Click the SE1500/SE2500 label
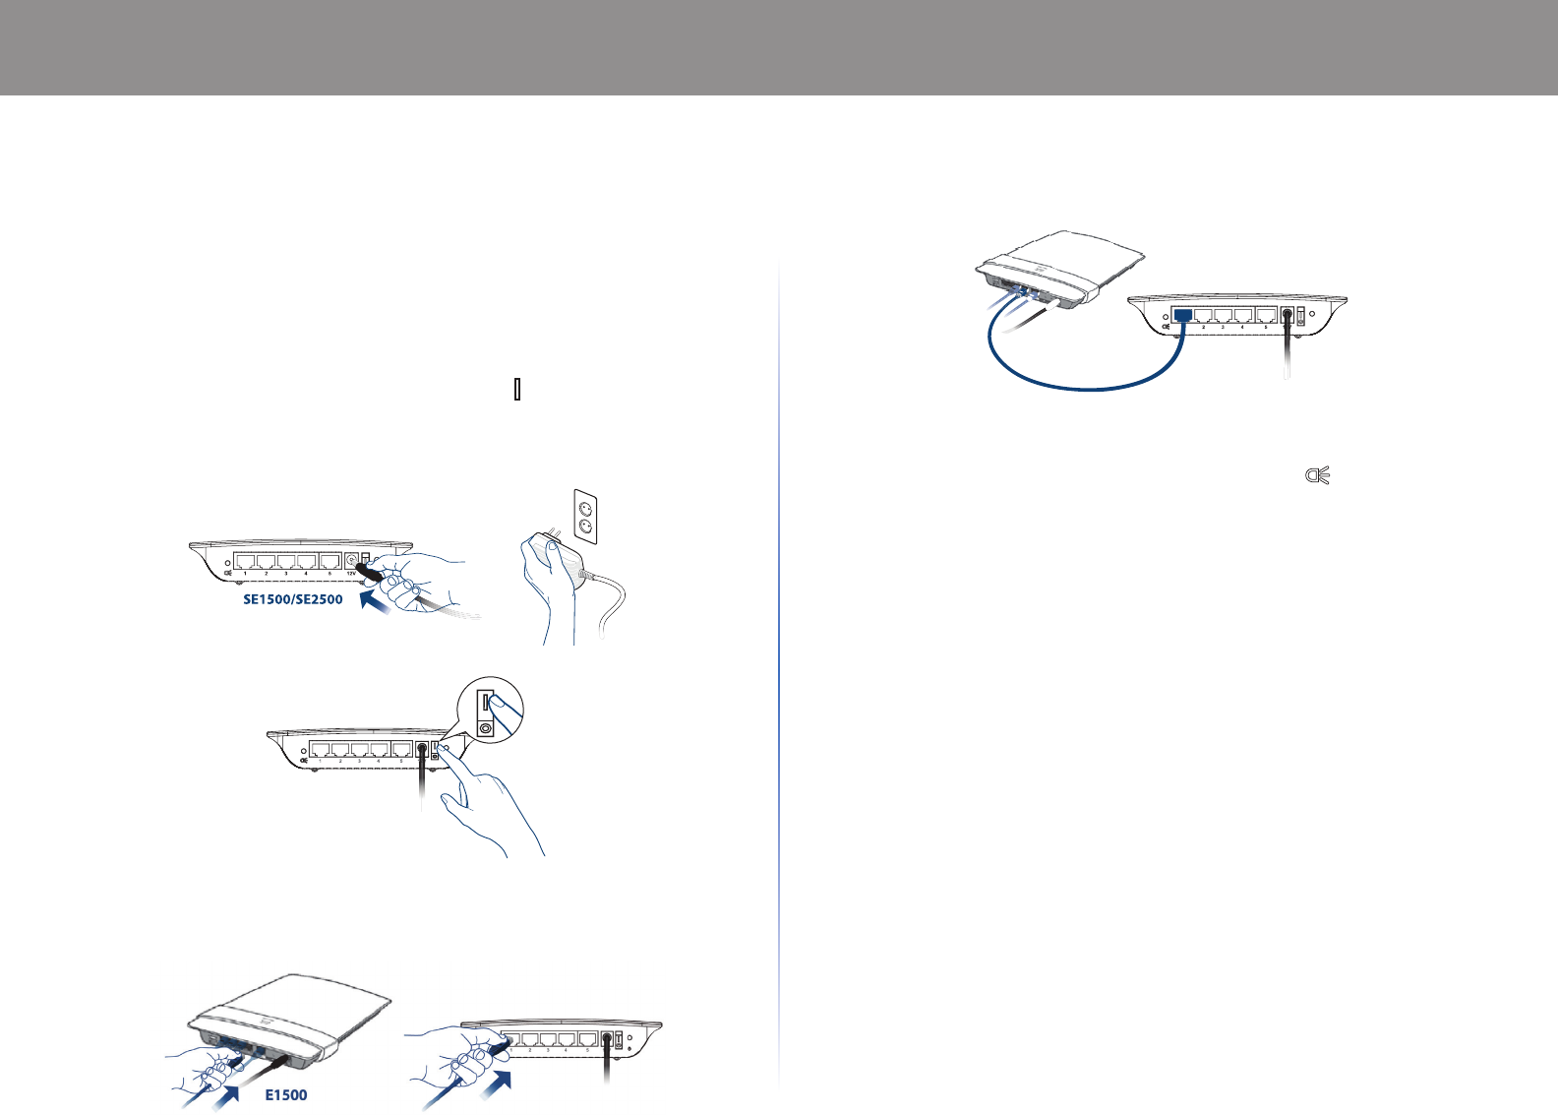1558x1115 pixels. pyautogui.click(x=293, y=598)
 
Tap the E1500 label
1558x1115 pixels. pyautogui.click(x=286, y=1094)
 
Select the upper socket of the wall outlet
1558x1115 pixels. pyautogui.click(x=585, y=509)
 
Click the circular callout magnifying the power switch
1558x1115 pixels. pyautogui.click(x=491, y=712)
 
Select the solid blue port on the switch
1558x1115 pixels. pyautogui.click(x=1183, y=316)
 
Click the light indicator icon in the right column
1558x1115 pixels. pyautogui.click(x=1317, y=476)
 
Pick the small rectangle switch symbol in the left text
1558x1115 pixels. pyautogui.click(x=517, y=391)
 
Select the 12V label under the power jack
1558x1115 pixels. pyautogui.click(x=350, y=573)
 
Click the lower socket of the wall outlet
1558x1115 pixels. pyautogui.click(x=585, y=528)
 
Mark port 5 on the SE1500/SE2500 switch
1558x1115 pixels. pyautogui.click(x=330, y=562)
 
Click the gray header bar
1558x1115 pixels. pyautogui.click(x=779, y=47)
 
